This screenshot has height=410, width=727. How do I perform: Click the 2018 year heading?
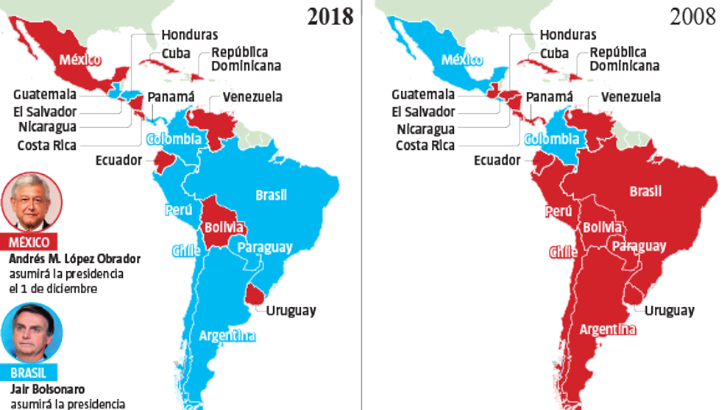coord(330,16)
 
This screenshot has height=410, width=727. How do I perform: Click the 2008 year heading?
coord(692,16)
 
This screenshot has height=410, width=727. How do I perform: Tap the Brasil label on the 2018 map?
coord(271,195)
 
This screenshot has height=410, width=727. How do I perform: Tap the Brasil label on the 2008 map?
coord(645,192)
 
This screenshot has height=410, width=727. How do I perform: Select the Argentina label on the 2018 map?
coord(227,337)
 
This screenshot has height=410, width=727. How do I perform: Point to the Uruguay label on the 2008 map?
coord(669,311)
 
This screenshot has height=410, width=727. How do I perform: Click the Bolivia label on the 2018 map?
coord(224,227)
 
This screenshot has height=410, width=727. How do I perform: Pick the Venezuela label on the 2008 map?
coord(631,97)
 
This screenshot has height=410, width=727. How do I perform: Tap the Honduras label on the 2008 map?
coord(569,35)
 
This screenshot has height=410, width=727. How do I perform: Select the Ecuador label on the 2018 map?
coord(118,160)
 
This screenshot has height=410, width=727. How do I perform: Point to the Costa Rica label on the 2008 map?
coord(425,145)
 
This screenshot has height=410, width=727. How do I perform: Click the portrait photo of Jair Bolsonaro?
coord(31,333)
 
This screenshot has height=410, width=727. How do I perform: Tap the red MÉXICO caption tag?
coord(30,242)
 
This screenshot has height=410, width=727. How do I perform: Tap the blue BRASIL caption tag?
coord(29,373)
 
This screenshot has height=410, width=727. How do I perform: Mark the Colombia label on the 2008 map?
coord(551,139)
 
